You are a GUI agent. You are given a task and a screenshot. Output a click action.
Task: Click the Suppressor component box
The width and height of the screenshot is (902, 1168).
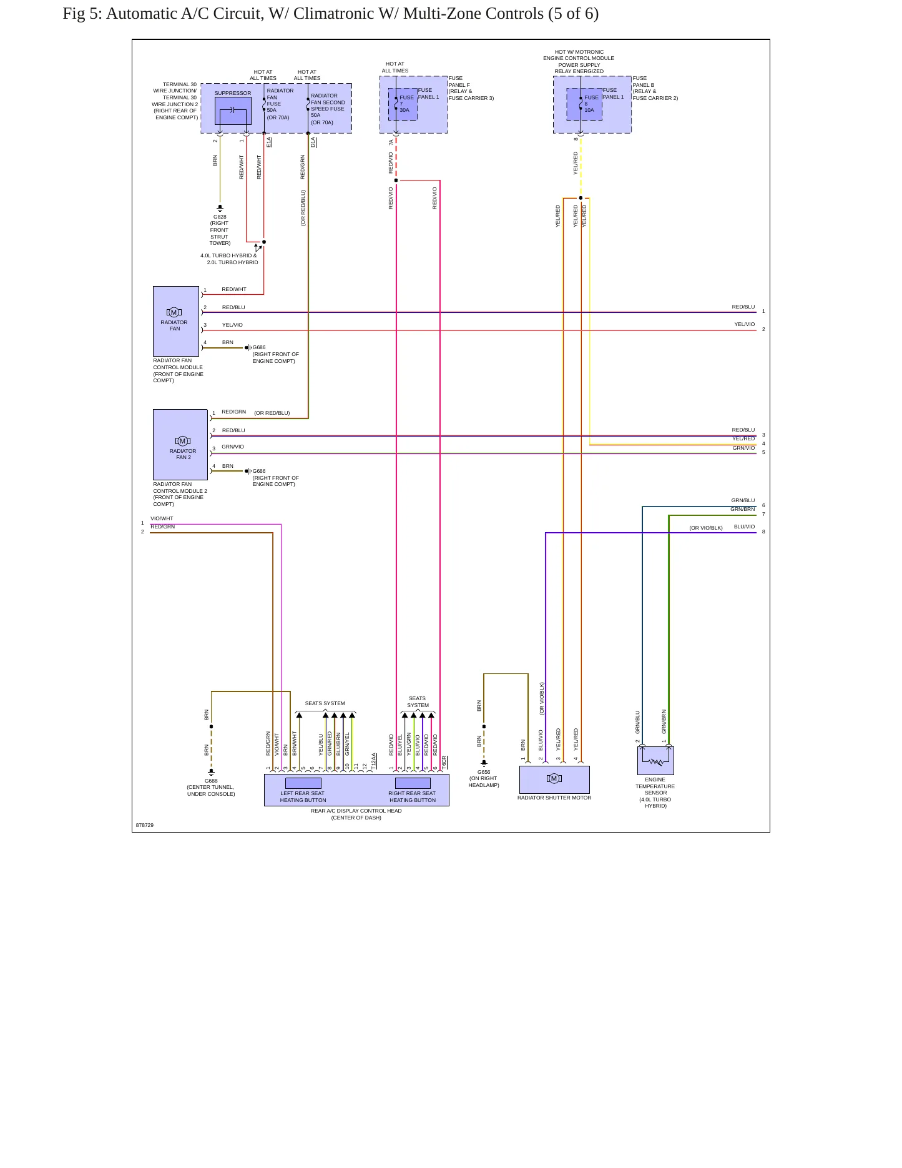(233, 111)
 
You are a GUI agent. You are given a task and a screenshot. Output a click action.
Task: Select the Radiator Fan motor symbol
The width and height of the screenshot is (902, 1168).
(174, 312)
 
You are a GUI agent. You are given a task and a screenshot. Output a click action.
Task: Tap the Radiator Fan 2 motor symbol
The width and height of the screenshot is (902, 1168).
(183, 441)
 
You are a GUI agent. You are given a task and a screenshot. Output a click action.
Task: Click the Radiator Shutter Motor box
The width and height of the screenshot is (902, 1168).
(554, 779)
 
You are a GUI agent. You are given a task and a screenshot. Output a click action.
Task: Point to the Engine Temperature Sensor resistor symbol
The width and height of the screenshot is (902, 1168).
(655, 761)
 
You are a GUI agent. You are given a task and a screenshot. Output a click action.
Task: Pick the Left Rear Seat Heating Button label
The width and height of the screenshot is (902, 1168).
(303, 797)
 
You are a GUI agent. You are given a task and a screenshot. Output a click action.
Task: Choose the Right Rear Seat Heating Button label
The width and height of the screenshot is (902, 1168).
(412, 797)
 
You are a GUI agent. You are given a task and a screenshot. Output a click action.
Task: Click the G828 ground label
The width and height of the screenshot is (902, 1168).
(220, 217)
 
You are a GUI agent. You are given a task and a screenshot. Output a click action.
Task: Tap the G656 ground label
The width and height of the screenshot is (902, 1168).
(484, 772)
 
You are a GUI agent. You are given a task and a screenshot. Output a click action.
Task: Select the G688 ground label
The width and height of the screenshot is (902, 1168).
(211, 781)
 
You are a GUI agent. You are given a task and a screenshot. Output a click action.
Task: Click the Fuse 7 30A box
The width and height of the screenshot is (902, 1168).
(403, 104)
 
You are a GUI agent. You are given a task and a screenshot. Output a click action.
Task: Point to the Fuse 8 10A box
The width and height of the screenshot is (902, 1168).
(584, 104)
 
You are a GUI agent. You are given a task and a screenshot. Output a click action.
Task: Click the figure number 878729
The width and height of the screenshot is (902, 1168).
(145, 825)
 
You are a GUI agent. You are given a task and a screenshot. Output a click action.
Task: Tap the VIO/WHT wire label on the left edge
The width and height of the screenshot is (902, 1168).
(162, 518)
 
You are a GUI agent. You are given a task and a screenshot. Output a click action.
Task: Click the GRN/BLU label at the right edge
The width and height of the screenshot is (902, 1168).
(743, 500)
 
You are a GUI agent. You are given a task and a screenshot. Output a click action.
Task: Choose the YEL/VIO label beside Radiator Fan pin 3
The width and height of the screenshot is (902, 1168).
(232, 325)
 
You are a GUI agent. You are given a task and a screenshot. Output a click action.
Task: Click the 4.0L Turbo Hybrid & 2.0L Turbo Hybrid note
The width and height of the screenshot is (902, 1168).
(229, 259)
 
